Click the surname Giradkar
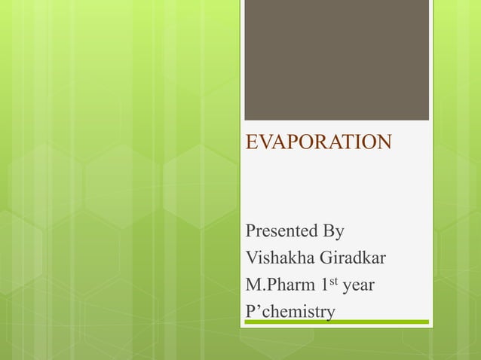click(x=354, y=258)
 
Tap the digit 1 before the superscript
click(x=322, y=285)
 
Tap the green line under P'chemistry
click(x=336, y=322)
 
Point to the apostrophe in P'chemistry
click(x=258, y=307)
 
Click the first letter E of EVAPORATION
click(x=253, y=142)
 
